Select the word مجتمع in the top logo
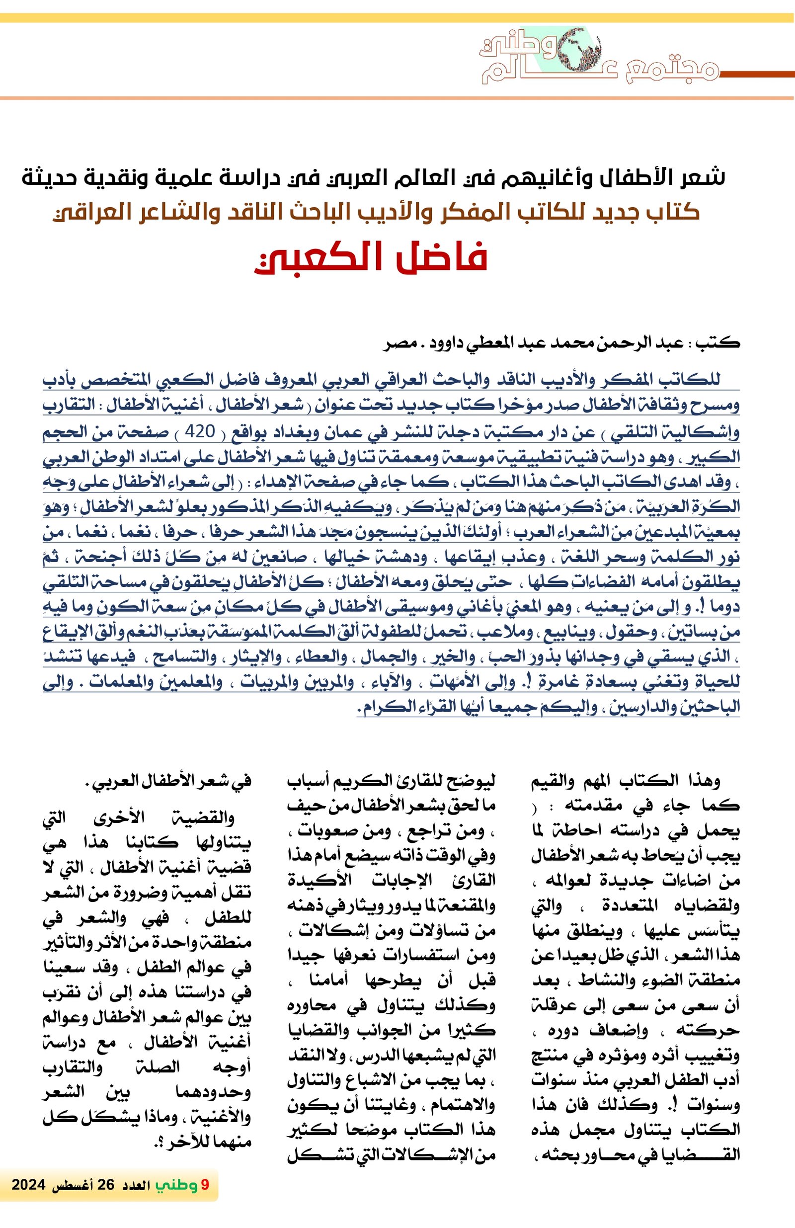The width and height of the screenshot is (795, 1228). pos(671,72)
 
